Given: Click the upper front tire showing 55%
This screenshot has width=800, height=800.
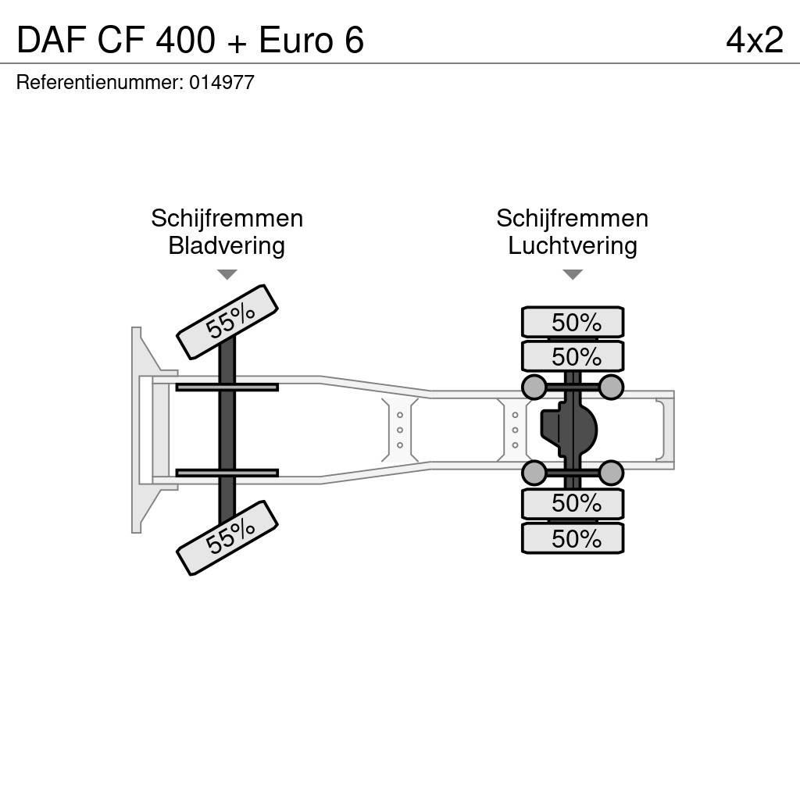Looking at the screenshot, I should tap(227, 321).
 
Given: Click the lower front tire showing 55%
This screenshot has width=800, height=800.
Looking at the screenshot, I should tap(227, 537).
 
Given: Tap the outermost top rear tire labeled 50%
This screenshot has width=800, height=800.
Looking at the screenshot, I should tap(573, 322).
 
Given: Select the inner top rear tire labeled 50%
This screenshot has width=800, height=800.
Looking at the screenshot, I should tap(573, 356).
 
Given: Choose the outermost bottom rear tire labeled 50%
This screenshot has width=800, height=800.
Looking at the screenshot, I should tap(573, 538).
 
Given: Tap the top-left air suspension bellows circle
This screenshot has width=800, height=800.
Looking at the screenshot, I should tap(534, 387).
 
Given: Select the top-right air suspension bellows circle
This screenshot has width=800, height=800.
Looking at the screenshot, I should tap(611, 387).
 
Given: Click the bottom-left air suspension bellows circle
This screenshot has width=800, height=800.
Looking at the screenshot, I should tap(534, 473).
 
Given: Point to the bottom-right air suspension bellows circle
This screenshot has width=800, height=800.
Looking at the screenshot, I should tap(611, 473).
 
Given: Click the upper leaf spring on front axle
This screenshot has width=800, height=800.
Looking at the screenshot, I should tap(227, 387).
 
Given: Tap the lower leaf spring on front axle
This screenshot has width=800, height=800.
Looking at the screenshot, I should tap(227, 473).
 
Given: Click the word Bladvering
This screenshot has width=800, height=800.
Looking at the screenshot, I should tap(227, 246).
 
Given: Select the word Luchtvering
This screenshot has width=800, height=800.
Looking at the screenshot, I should tap(573, 246).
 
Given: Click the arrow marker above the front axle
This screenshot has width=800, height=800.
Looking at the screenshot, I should tap(227, 274).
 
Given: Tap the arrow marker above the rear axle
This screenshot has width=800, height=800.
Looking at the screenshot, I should tap(573, 274).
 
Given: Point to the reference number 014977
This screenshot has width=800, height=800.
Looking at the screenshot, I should tap(222, 83).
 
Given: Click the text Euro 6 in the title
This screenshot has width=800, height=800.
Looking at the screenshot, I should tap(311, 41).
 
